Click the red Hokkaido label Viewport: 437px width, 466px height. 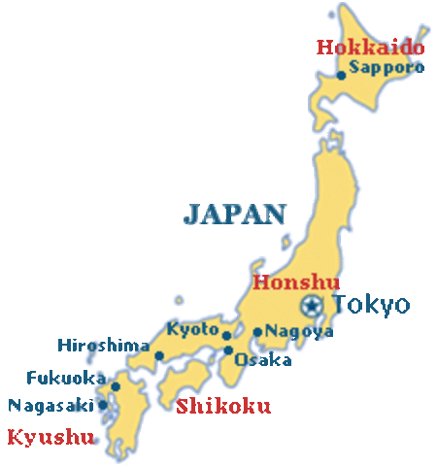(371, 47)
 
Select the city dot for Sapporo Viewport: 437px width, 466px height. (342, 74)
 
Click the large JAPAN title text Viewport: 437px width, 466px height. (236, 214)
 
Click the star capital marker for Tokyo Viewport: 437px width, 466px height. (311, 307)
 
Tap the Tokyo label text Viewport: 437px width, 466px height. (371, 305)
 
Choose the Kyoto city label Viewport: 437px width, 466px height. (192, 329)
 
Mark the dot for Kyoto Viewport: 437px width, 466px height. (226, 336)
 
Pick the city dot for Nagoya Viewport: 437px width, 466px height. (257, 332)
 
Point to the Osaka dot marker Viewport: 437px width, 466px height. (228, 350)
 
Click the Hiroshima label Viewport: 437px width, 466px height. (103, 346)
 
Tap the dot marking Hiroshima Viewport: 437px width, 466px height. (159, 355)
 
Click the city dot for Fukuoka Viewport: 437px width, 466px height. (115, 386)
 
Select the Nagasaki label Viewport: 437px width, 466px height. (50, 405)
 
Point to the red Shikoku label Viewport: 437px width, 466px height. (223, 406)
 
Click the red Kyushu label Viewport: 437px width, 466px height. (50, 437)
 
